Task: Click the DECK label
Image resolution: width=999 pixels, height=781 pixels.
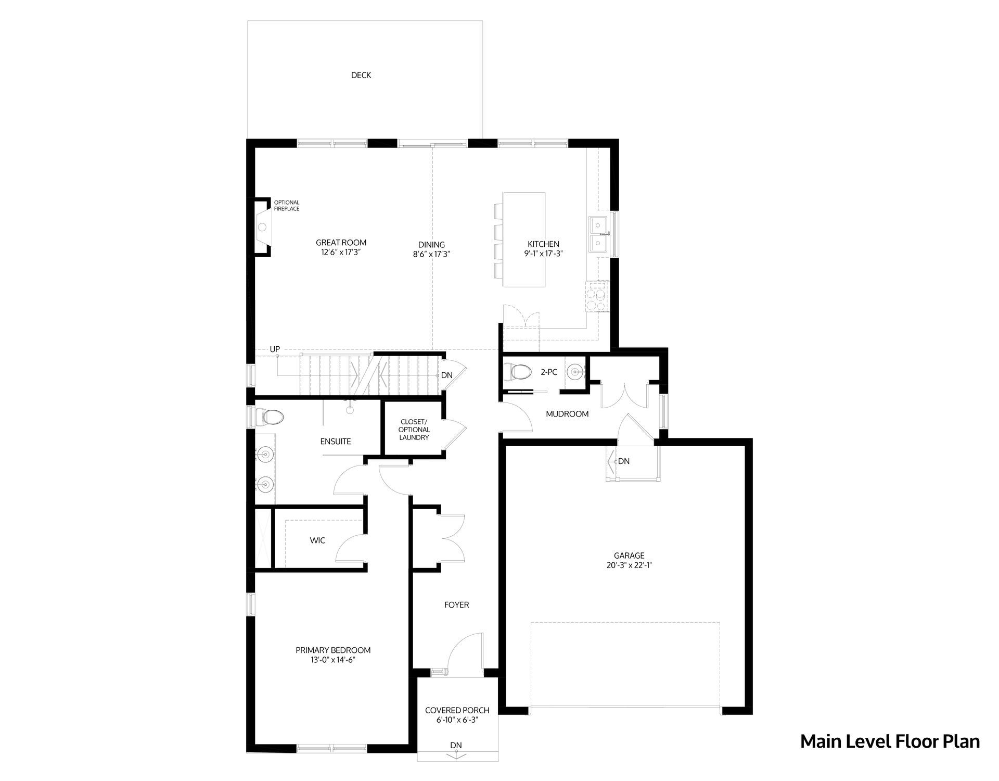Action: tap(361, 75)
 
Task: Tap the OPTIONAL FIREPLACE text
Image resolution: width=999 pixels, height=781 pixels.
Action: tap(287, 206)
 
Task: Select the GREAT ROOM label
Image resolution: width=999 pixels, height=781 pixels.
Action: tap(341, 243)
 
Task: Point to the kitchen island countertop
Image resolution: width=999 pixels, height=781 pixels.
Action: tap(524, 240)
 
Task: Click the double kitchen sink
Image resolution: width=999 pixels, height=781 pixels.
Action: tap(600, 235)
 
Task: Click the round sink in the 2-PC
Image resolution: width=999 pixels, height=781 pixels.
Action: tap(575, 372)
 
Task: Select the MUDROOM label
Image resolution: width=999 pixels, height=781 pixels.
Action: tap(567, 414)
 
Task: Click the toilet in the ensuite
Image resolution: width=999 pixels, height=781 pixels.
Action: tap(270, 417)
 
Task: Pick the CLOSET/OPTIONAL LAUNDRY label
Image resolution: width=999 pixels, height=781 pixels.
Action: tap(414, 430)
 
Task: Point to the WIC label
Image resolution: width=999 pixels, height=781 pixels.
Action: tap(317, 540)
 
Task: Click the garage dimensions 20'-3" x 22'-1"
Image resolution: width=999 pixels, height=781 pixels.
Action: tap(630, 565)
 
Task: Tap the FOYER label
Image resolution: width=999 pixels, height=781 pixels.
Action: tap(457, 604)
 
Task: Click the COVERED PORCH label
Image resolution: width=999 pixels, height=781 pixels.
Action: tap(457, 710)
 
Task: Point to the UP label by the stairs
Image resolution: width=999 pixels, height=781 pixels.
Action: tap(275, 349)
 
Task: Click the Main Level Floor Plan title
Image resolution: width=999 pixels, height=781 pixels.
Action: tap(890, 741)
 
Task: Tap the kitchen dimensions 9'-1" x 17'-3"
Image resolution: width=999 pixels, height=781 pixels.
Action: tap(544, 254)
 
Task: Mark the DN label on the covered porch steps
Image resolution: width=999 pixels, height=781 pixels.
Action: tap(456, 745)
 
